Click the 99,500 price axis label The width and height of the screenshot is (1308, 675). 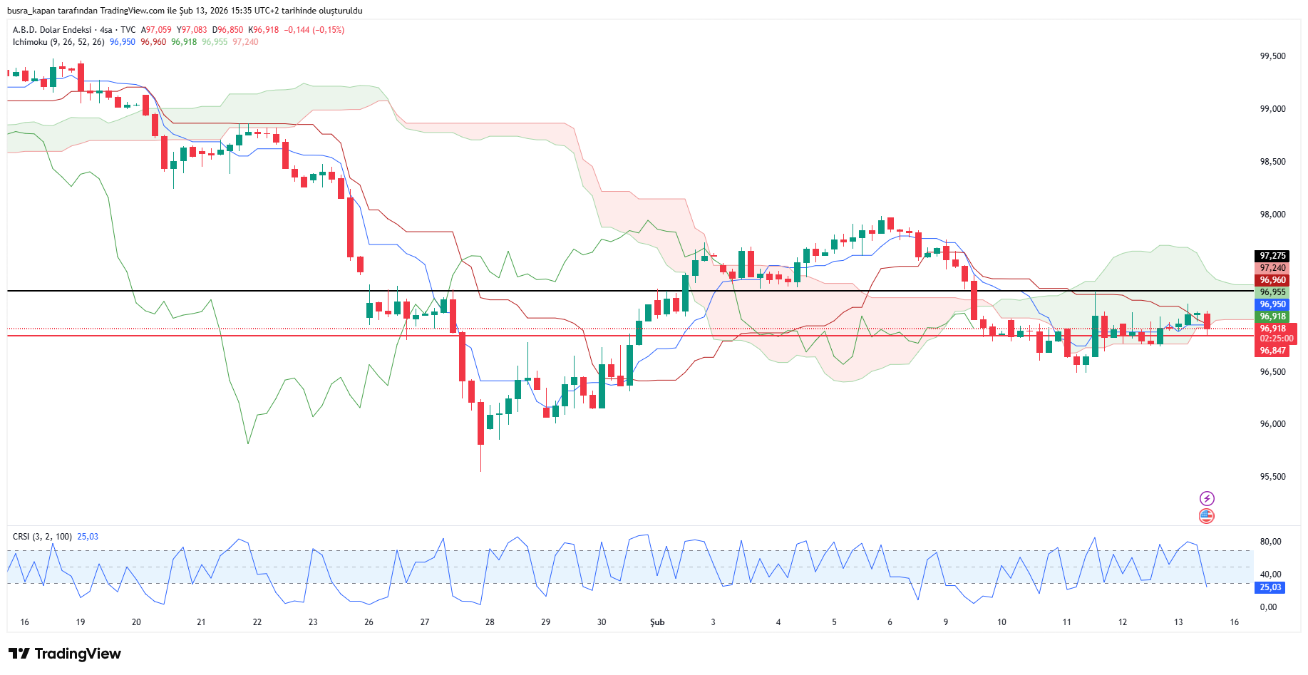click(x=1272, y=56)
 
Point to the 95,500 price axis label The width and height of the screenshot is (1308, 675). click(x=1272, y=477)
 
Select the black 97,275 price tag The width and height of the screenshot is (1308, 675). click(x=1272, y=256)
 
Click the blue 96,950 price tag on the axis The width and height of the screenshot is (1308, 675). click(x=1272, y=304)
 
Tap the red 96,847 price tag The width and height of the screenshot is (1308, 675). click(x=1272, y=351)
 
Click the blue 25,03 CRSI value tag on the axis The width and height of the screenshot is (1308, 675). click(x=1270, y=587)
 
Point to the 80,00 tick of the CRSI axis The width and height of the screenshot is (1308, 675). click(x=1270, y=542)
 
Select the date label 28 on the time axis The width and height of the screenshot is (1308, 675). click(x=490, y=622)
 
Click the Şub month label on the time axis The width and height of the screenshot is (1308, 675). click(x=657, y=622)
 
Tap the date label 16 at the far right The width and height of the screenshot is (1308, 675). click(x=1234, y=622)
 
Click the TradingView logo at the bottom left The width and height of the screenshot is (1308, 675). click(x=65, y=654)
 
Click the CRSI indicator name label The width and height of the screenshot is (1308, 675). click(x=21, y=537)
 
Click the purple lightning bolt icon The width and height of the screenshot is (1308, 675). click(x=1207, y=498)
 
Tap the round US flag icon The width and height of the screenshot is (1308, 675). click(x=1207, y=516)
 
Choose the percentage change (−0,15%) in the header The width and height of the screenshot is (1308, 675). click(x=329, y=30)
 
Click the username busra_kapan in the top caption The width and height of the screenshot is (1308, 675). click(x=31, y=11)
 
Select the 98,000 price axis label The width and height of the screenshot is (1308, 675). click(x=1272, y=215)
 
